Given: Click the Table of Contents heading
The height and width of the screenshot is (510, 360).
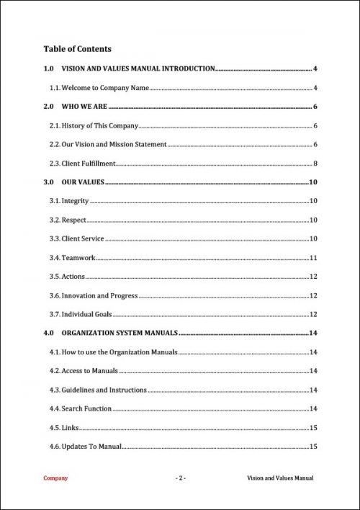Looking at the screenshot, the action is [77, 49].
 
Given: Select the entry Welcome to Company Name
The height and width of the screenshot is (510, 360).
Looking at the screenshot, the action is [105, 88].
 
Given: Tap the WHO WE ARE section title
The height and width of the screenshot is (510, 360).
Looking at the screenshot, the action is [89, 107].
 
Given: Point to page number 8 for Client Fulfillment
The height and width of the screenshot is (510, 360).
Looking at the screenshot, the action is [315, 164].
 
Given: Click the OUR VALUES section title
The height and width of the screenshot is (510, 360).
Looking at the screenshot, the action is [83, 182].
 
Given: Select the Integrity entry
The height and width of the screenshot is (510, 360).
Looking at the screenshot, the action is [75, 201].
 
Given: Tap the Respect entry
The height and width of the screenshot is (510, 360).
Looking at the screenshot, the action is [74, 220].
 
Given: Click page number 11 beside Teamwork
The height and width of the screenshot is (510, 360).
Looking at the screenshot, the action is [313, 258].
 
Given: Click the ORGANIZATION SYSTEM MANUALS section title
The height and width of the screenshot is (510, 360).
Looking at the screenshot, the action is [120, 333].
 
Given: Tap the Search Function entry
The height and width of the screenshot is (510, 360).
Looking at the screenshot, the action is [86, 408].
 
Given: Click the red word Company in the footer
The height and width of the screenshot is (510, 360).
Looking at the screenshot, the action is [55, 478].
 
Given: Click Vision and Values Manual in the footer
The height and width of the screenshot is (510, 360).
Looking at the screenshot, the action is [280, 478].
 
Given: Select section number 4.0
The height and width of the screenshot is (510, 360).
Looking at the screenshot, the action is [48, 333].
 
